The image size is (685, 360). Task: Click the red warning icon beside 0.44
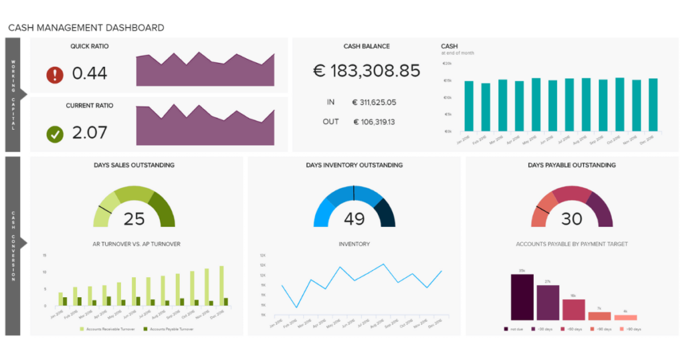(x=55, y=74)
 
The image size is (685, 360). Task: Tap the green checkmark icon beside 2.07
(x=55, y=133)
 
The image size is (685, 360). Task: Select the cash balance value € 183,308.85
(x=367, y=71)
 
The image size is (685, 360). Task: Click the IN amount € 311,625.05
(x=374, y=102)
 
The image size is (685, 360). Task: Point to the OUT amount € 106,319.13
(x=374, y=122)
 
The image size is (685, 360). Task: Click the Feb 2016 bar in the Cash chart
(x=486, y=107)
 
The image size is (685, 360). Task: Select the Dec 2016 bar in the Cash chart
(x=653, y=104)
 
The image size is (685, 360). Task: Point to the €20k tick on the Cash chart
(x=447, y=64)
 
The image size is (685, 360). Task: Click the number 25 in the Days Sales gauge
(x=134, y=219)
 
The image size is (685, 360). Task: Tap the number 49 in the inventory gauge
(x=354, y=219)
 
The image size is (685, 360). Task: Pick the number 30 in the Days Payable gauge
(x=572, y=219)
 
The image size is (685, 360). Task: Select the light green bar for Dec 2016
(x=221, y=286)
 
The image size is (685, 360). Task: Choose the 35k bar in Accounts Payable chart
(x=522, y=297)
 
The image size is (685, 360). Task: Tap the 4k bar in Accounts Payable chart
(x=625, y=317)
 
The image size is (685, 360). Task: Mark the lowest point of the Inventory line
(x=296, y=307)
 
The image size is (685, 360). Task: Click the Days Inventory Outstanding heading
(x=354, y=165)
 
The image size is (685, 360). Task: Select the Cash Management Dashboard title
(x=86, y=27)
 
